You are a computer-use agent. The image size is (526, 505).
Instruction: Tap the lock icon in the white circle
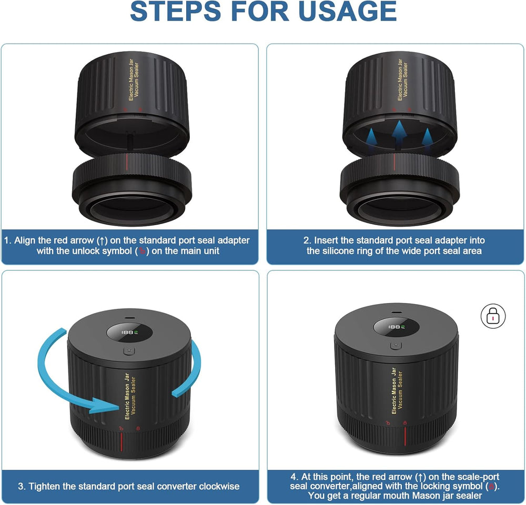click(x=493, y=316)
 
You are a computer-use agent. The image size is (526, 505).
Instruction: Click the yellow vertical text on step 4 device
click(x=397, y=389)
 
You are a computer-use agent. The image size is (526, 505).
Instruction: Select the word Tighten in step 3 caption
click(x=45, y=486)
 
